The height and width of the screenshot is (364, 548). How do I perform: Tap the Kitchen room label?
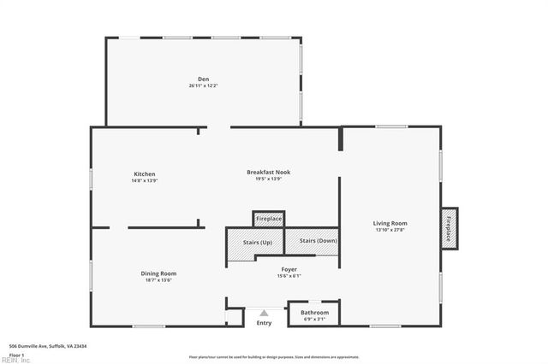click(x=144, y=174)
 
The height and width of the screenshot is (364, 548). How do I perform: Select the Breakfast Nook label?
click(x=268, y=172)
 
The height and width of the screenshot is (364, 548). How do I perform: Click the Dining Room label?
click(x=158, y=273)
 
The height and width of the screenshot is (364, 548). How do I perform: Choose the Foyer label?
click(x=288, y=269)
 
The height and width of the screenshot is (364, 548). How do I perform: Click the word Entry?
click(x=264, y=323)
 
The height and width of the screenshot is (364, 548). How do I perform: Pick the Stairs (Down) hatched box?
click(x=318, y=241)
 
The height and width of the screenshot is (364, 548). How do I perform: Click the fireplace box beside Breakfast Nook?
click(x=268, y=220)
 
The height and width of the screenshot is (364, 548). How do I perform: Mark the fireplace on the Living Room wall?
click(x=450, y=228)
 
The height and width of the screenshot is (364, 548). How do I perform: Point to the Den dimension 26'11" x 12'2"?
click(x=204, y=86)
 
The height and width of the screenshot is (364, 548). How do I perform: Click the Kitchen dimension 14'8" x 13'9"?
click(x=144, y=180)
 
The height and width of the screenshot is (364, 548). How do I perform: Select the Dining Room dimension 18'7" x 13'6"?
click(x=158, y=279)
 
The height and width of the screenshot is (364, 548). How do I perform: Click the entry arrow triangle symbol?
click(x=264, y=313)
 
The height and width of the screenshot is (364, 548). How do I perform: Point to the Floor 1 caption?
click(x=16, y=354)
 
